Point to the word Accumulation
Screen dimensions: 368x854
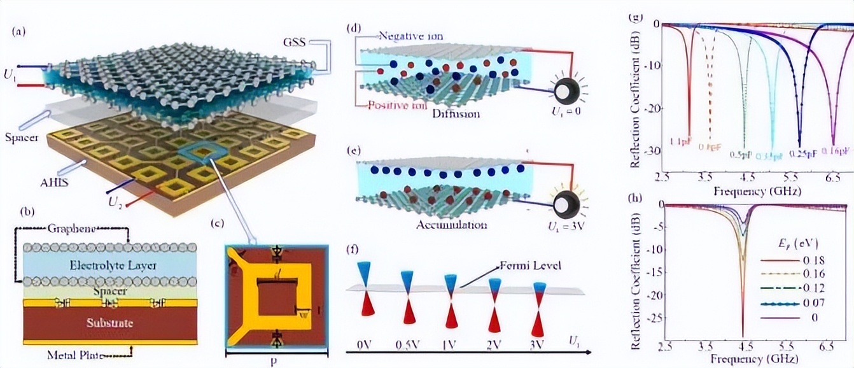click(x=452, y=225)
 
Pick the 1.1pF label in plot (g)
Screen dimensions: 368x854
click(x=682, y=141)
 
